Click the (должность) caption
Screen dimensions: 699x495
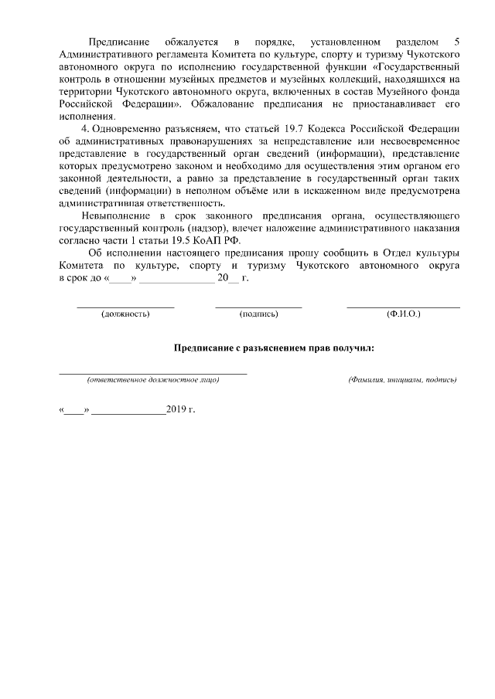click(125, 314)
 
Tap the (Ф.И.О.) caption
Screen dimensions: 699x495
click(403, 314)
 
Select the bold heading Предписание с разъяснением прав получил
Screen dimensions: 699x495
click(274, 348)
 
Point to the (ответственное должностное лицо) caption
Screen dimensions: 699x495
click(153, 380)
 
